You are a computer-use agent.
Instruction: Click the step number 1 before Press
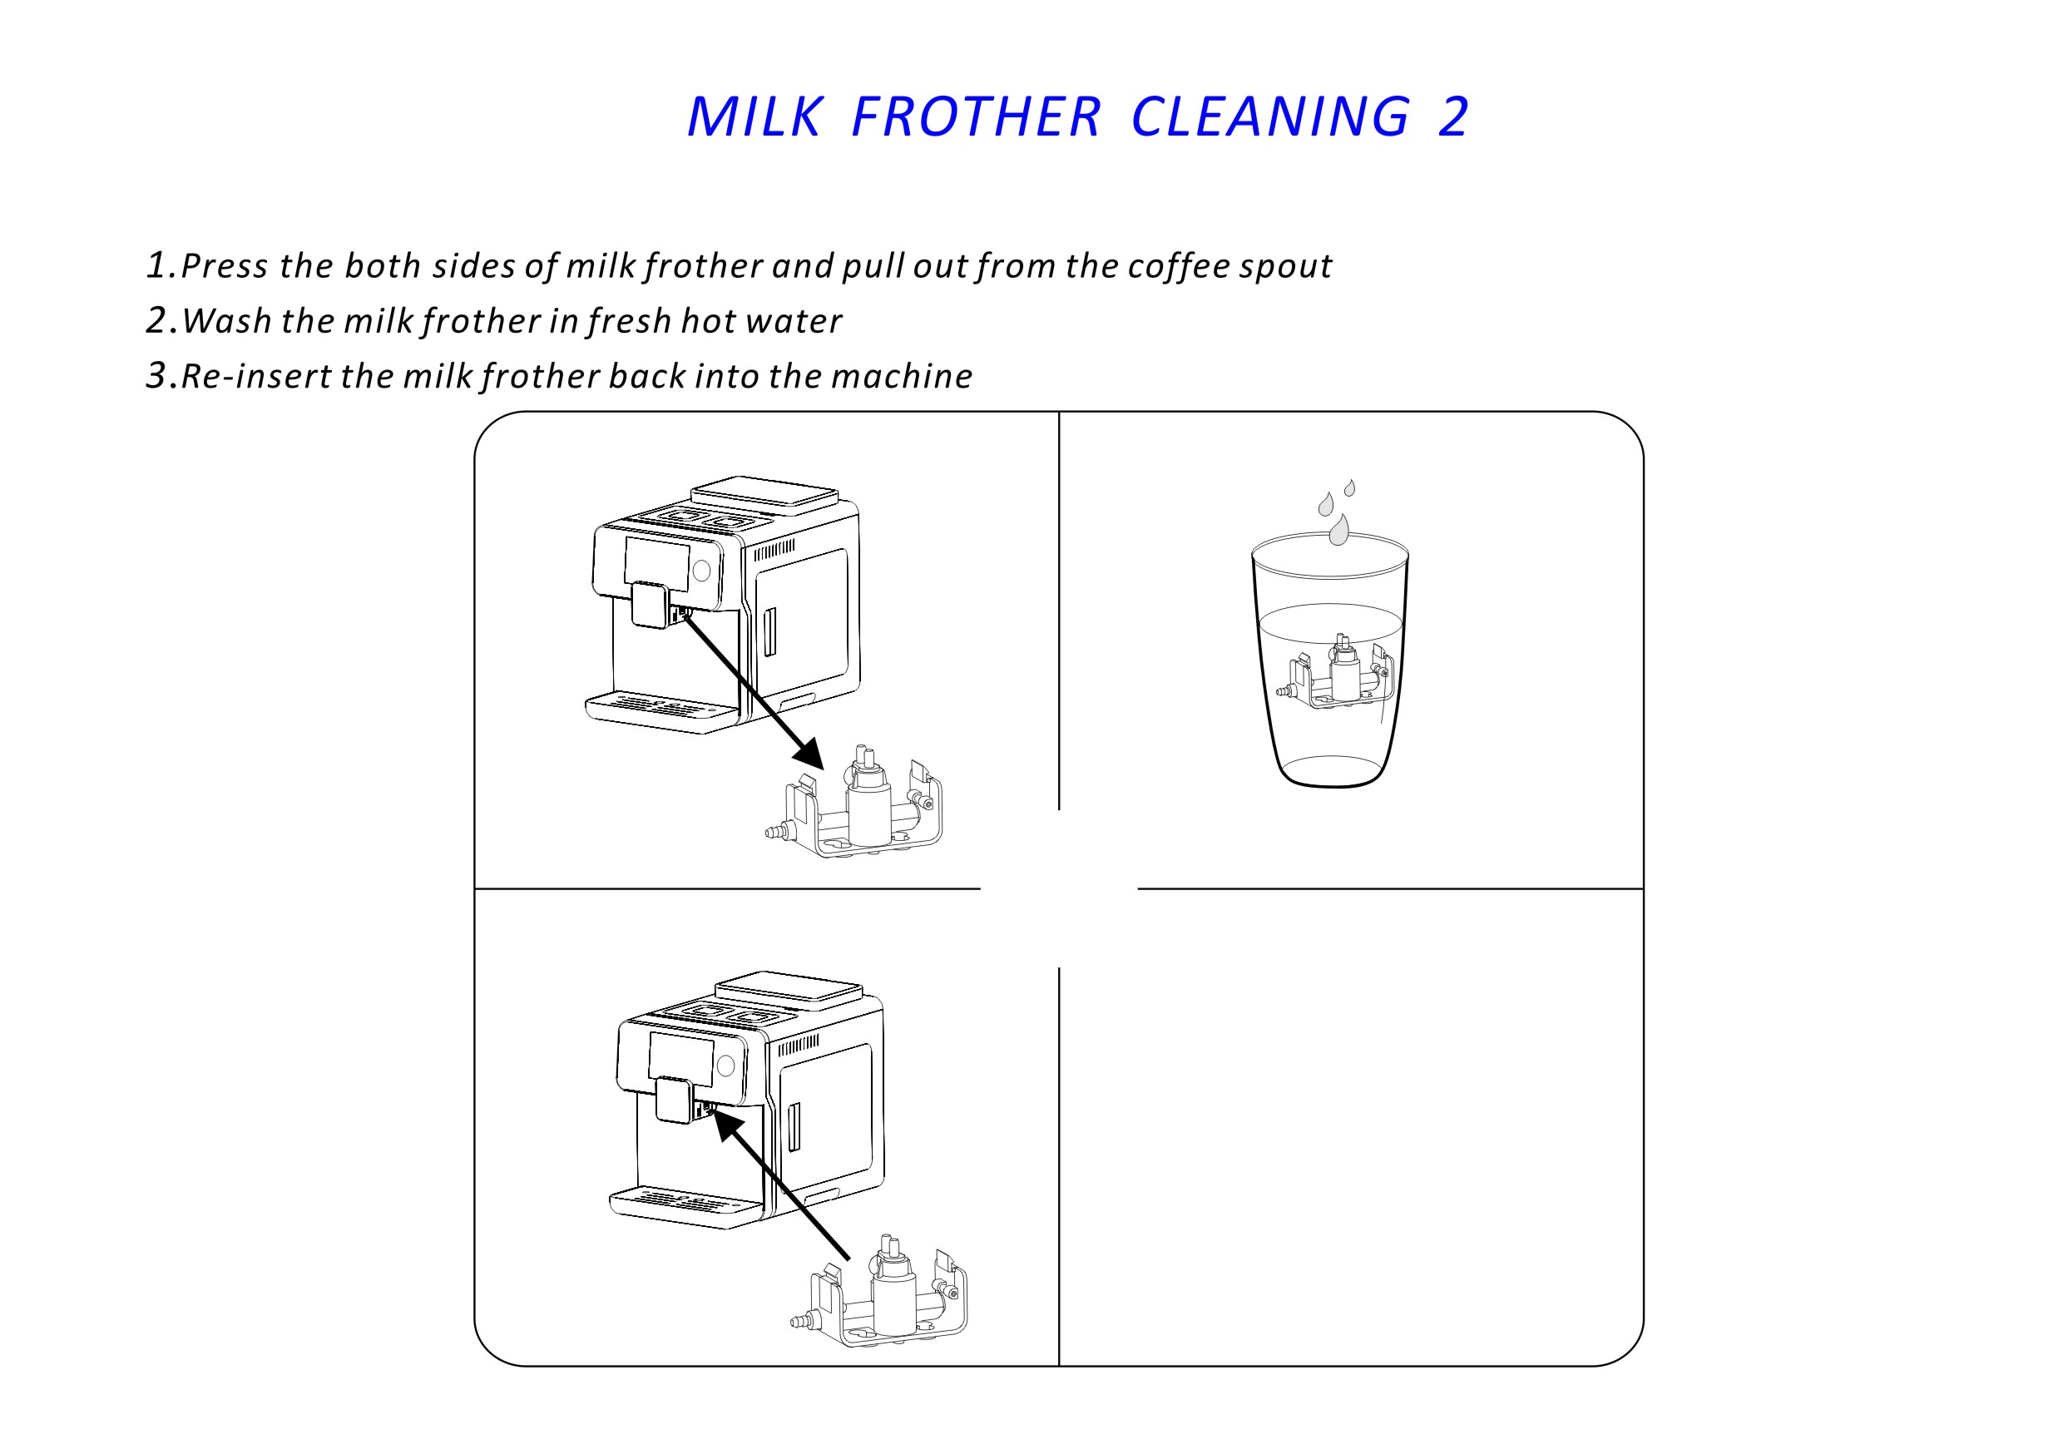pyautogui.click(x=157, y=265)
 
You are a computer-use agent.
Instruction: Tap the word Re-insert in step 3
pyautogui.click(x=256, y=376)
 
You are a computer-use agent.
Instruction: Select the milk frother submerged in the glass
pyautogui.click(x=1336, y=673)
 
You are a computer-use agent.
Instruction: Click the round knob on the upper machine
pyautogui.click(x=702, y=571)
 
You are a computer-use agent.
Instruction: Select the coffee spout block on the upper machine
pyautogui.click(x=650, y=604)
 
